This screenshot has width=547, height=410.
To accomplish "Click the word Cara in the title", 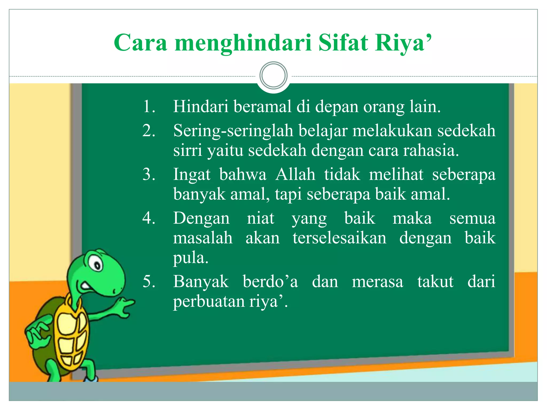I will [x=140, y=43].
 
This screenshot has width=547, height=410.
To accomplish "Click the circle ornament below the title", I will [x=273, y=76].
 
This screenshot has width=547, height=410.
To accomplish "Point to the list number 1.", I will [x=149, y=107].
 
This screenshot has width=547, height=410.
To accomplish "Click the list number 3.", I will [x=149, y=175].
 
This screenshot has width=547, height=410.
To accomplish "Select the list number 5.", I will [x=149, y=281].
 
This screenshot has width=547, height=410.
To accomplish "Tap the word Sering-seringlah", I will [x=233, y=131].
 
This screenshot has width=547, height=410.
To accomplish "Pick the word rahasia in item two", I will [x=431, y=150].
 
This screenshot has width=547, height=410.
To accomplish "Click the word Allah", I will [x=295, y=175].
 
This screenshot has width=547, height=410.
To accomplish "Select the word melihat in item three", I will [x=396, y=175].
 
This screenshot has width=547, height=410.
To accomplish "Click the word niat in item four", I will [x=260, y=218].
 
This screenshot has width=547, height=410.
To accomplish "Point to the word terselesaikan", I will [x=339, y=238].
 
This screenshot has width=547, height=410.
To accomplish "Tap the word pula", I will [x=190, y=258].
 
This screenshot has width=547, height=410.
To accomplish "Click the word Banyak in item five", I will [x=201, y=282].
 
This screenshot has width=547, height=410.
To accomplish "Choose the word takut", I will [x=435, y=281].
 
